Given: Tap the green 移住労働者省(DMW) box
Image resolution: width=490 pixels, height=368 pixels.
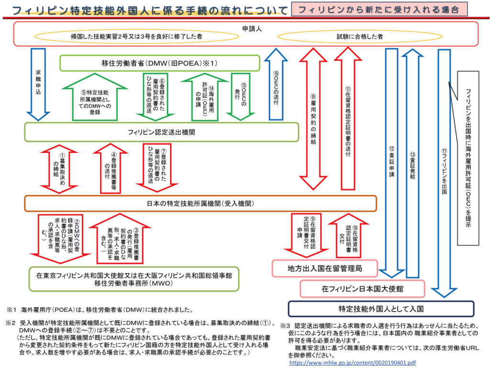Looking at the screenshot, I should pos(160,63).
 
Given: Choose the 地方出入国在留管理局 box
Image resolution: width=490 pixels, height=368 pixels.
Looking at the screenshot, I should pos(325,269).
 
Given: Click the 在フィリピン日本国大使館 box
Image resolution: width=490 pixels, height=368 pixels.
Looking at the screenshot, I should pos(362,289).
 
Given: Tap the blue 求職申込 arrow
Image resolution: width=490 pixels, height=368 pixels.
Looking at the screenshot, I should pos(39,84).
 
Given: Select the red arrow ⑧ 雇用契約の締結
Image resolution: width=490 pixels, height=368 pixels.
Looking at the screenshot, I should pos(313,120).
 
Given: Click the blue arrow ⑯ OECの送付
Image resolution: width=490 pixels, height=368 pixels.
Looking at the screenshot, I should pos(276,84).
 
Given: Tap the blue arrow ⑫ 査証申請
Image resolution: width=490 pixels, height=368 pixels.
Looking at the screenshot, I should pos(391,163).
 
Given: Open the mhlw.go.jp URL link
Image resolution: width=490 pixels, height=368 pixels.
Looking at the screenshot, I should pos(353,363).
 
